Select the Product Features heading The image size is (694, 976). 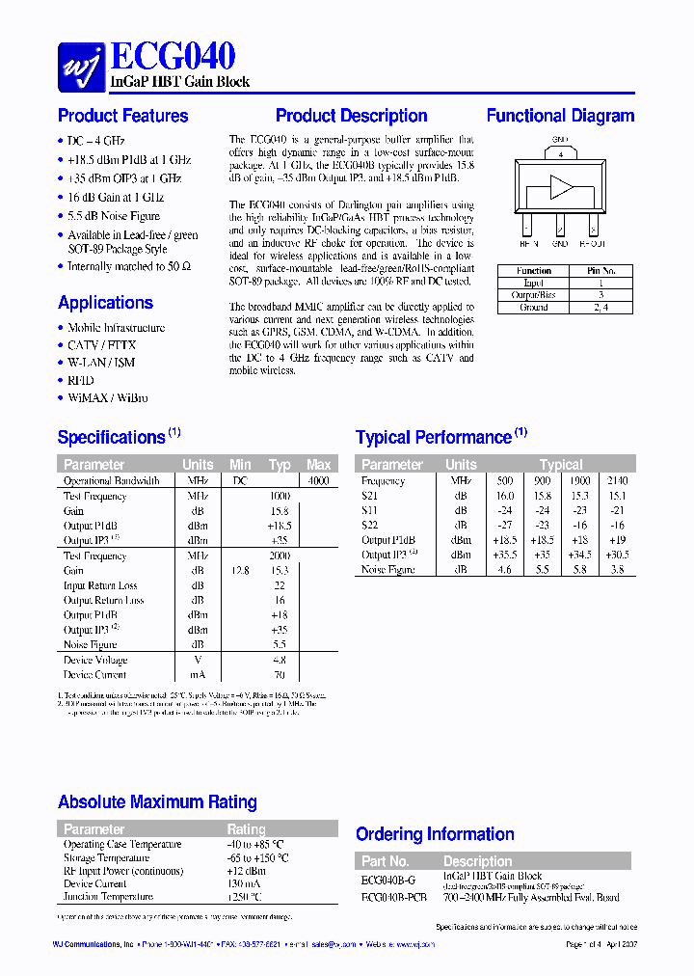(122, 116)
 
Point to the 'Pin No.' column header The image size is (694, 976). (601, 271)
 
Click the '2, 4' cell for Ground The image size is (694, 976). (601, 308)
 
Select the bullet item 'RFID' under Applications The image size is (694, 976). (81, 380)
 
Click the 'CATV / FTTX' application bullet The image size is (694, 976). (101, 345)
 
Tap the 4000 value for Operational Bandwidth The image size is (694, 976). (318, 480)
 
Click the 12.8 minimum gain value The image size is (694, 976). (241, 571)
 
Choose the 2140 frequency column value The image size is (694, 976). (617, 480)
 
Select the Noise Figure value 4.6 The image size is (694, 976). (505, 570)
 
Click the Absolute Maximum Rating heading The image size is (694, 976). (157, 802)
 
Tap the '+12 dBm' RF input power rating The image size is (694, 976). (246, 871)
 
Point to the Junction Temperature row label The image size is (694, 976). (108, 897)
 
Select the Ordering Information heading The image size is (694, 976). (435, 834)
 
